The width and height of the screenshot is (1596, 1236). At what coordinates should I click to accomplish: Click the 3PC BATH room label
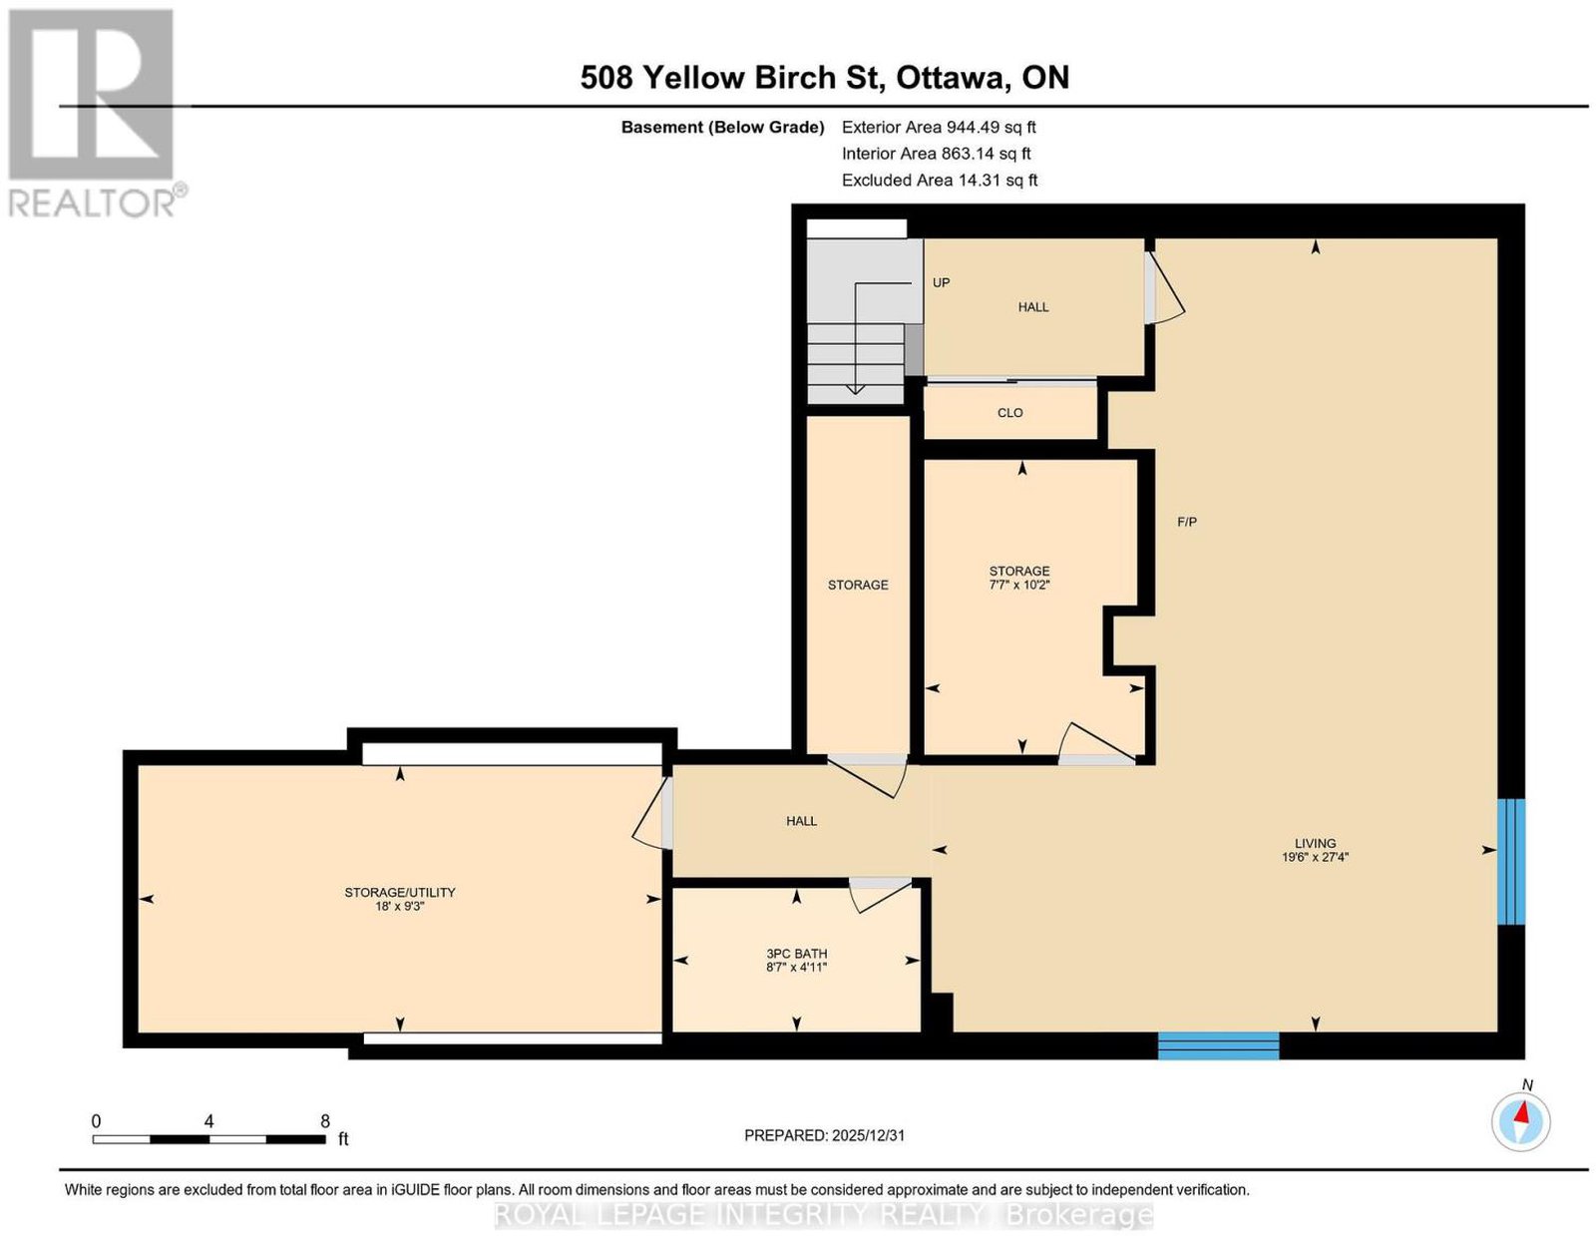796,954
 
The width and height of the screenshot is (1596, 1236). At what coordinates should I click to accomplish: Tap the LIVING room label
1315,843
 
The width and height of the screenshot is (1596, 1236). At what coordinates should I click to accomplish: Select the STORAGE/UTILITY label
400,892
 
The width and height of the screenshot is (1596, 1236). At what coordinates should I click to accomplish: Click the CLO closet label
1009,413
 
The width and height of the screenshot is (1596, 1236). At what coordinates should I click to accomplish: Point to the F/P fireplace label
1187,522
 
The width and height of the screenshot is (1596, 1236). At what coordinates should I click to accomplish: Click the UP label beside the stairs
941,282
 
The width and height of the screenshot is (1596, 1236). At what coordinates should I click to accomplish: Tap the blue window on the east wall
1511,861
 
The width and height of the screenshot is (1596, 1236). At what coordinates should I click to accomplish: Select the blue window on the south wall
1219,1045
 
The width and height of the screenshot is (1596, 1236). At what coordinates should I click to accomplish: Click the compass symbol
1520,1122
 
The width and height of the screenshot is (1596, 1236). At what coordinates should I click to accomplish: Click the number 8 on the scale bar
324,1121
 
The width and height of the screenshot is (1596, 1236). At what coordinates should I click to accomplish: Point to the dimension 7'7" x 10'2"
1018,586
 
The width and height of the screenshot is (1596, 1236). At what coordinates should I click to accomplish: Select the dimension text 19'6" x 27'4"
1316,856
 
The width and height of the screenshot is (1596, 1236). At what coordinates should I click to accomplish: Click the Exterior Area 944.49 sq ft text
939,127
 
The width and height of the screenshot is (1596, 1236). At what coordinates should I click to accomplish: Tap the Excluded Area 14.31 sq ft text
940,180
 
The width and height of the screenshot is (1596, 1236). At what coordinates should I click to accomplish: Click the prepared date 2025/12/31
868,1135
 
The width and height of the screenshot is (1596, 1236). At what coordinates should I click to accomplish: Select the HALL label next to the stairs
1032,307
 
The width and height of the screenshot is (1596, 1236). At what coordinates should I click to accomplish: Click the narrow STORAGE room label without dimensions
858,585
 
